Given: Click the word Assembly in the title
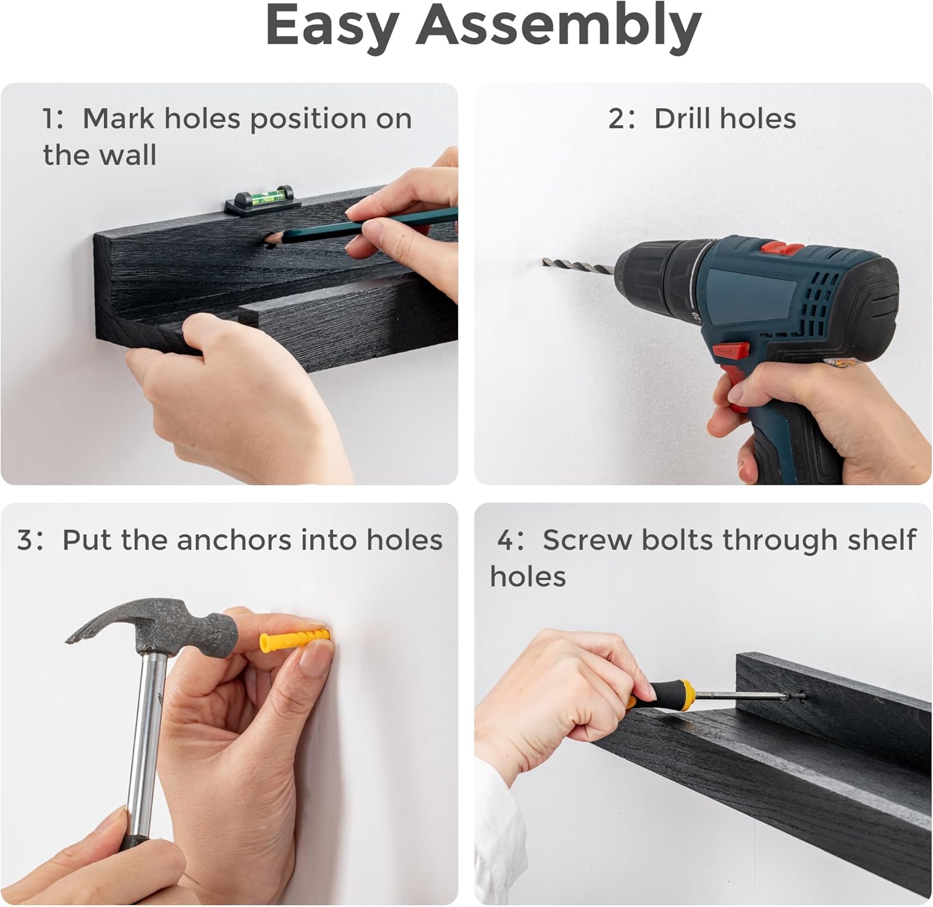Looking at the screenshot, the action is (x=559, y=28).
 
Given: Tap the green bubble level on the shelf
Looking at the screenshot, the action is (x=259, y=200).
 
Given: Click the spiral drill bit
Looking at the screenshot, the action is (x=578, y=265).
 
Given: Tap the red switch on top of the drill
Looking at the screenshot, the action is (x=782, y=249).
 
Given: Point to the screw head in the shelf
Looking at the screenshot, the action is (x=798, y=697).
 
